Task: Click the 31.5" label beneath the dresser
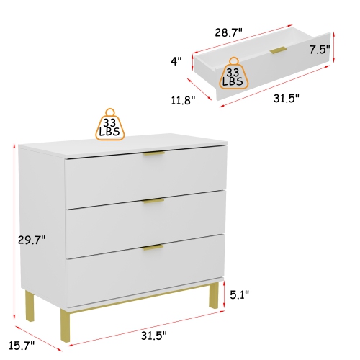pos(153,335)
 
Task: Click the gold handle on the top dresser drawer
pos(153,154)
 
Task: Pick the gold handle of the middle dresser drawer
pos(153,202)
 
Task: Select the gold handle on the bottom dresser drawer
pos(153,248)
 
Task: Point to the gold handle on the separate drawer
pos(279,49)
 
